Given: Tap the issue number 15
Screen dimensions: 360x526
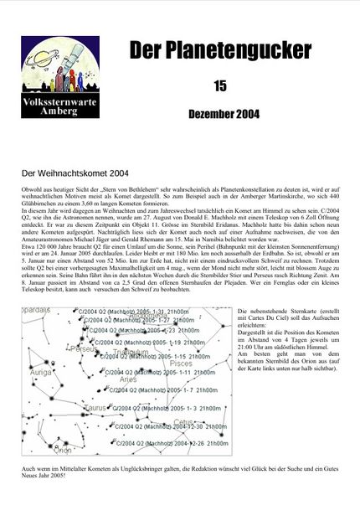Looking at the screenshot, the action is pos(220,85).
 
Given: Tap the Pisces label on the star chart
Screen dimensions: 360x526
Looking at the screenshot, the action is pos(180,364).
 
